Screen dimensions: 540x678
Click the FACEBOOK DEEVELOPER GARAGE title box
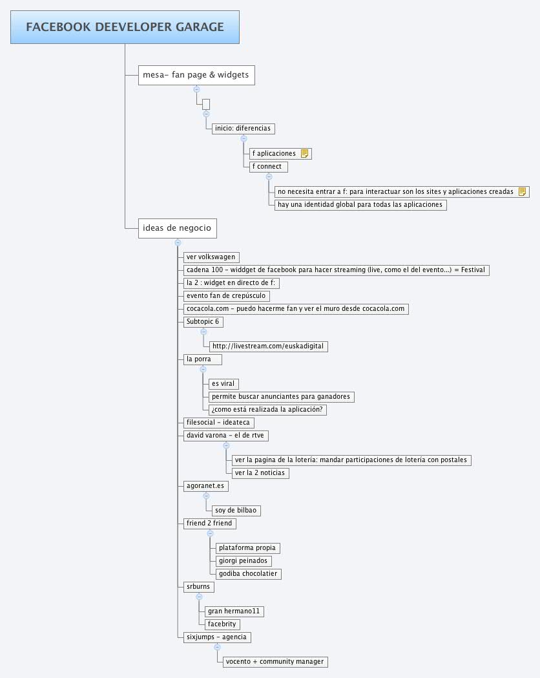[x=125, y=26]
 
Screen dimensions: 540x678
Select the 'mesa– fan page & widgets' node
[x=196, y=75]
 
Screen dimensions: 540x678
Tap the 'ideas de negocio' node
[x=177, y=228]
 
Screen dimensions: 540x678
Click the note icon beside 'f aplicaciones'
[x=305, y=153]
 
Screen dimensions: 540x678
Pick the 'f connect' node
[x=268, y=167]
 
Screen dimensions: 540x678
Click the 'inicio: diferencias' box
[x=244, y=129]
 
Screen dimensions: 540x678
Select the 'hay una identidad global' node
[x=360, y=204]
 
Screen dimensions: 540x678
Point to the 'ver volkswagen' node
[x=211, y=257]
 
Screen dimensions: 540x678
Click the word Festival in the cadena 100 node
[x=473, y=270]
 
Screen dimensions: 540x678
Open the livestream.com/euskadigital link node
[x=268, y=346]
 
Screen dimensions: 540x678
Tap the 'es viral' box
[x=223, y=384]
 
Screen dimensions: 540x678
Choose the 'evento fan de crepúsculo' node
[x=226, y=296]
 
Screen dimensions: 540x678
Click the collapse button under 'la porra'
[x=203, y=369]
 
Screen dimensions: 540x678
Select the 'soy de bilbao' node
[x=236, y=511]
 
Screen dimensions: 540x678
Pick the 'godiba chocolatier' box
[x=249, y=574]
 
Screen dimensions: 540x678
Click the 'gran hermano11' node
[x=234, y=611]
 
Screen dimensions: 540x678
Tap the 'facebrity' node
[x=222, y=624]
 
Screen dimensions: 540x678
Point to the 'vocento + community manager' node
[x=275, y=662]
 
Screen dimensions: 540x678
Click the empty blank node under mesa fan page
[x=206, y=104]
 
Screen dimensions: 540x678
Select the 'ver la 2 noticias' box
[x=260, y=473]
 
